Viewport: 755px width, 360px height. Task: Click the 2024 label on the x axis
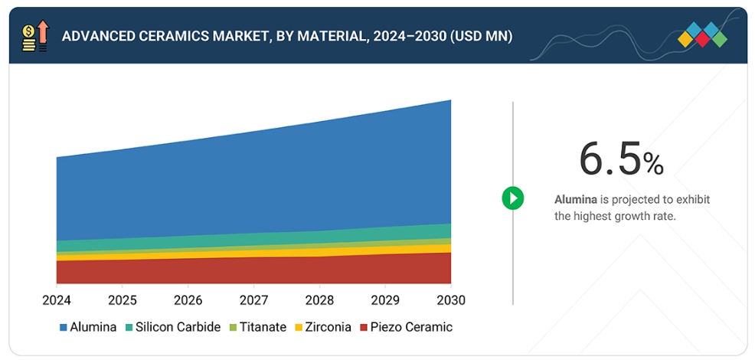(56, 299)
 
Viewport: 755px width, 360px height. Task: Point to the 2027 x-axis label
(253, 299)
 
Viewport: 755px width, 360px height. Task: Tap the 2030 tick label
(450, 299)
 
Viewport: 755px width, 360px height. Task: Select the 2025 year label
(122, 299)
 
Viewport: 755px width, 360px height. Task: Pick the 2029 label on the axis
(384, 299)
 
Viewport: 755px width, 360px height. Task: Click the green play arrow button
(512, 198)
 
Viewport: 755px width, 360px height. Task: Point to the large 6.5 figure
(610, 159)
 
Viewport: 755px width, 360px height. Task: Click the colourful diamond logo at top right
(703, 35)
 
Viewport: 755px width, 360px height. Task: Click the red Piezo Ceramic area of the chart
(253, 270)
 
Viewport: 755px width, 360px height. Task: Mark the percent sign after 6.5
(653, 163)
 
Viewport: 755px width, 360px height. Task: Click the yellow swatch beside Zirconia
(299, 328)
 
